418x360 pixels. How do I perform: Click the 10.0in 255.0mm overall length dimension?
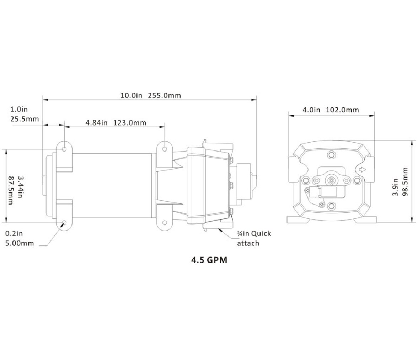pyautogui.click(x=151, y=95)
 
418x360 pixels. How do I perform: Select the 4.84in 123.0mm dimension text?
pyautogui.click(x=116, y=123)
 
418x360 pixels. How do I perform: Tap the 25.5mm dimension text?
pyautogui.click(x=25, y=119)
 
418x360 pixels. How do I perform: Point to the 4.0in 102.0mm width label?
pyautogui.click(x=331, y=110)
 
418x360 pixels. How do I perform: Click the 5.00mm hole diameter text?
pyautogui.click(x=20, y=243)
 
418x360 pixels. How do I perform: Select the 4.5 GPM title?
pyautogui.click(x=209, y=260)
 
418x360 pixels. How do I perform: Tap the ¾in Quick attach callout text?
pyautogui.click(x=254, y=238)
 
